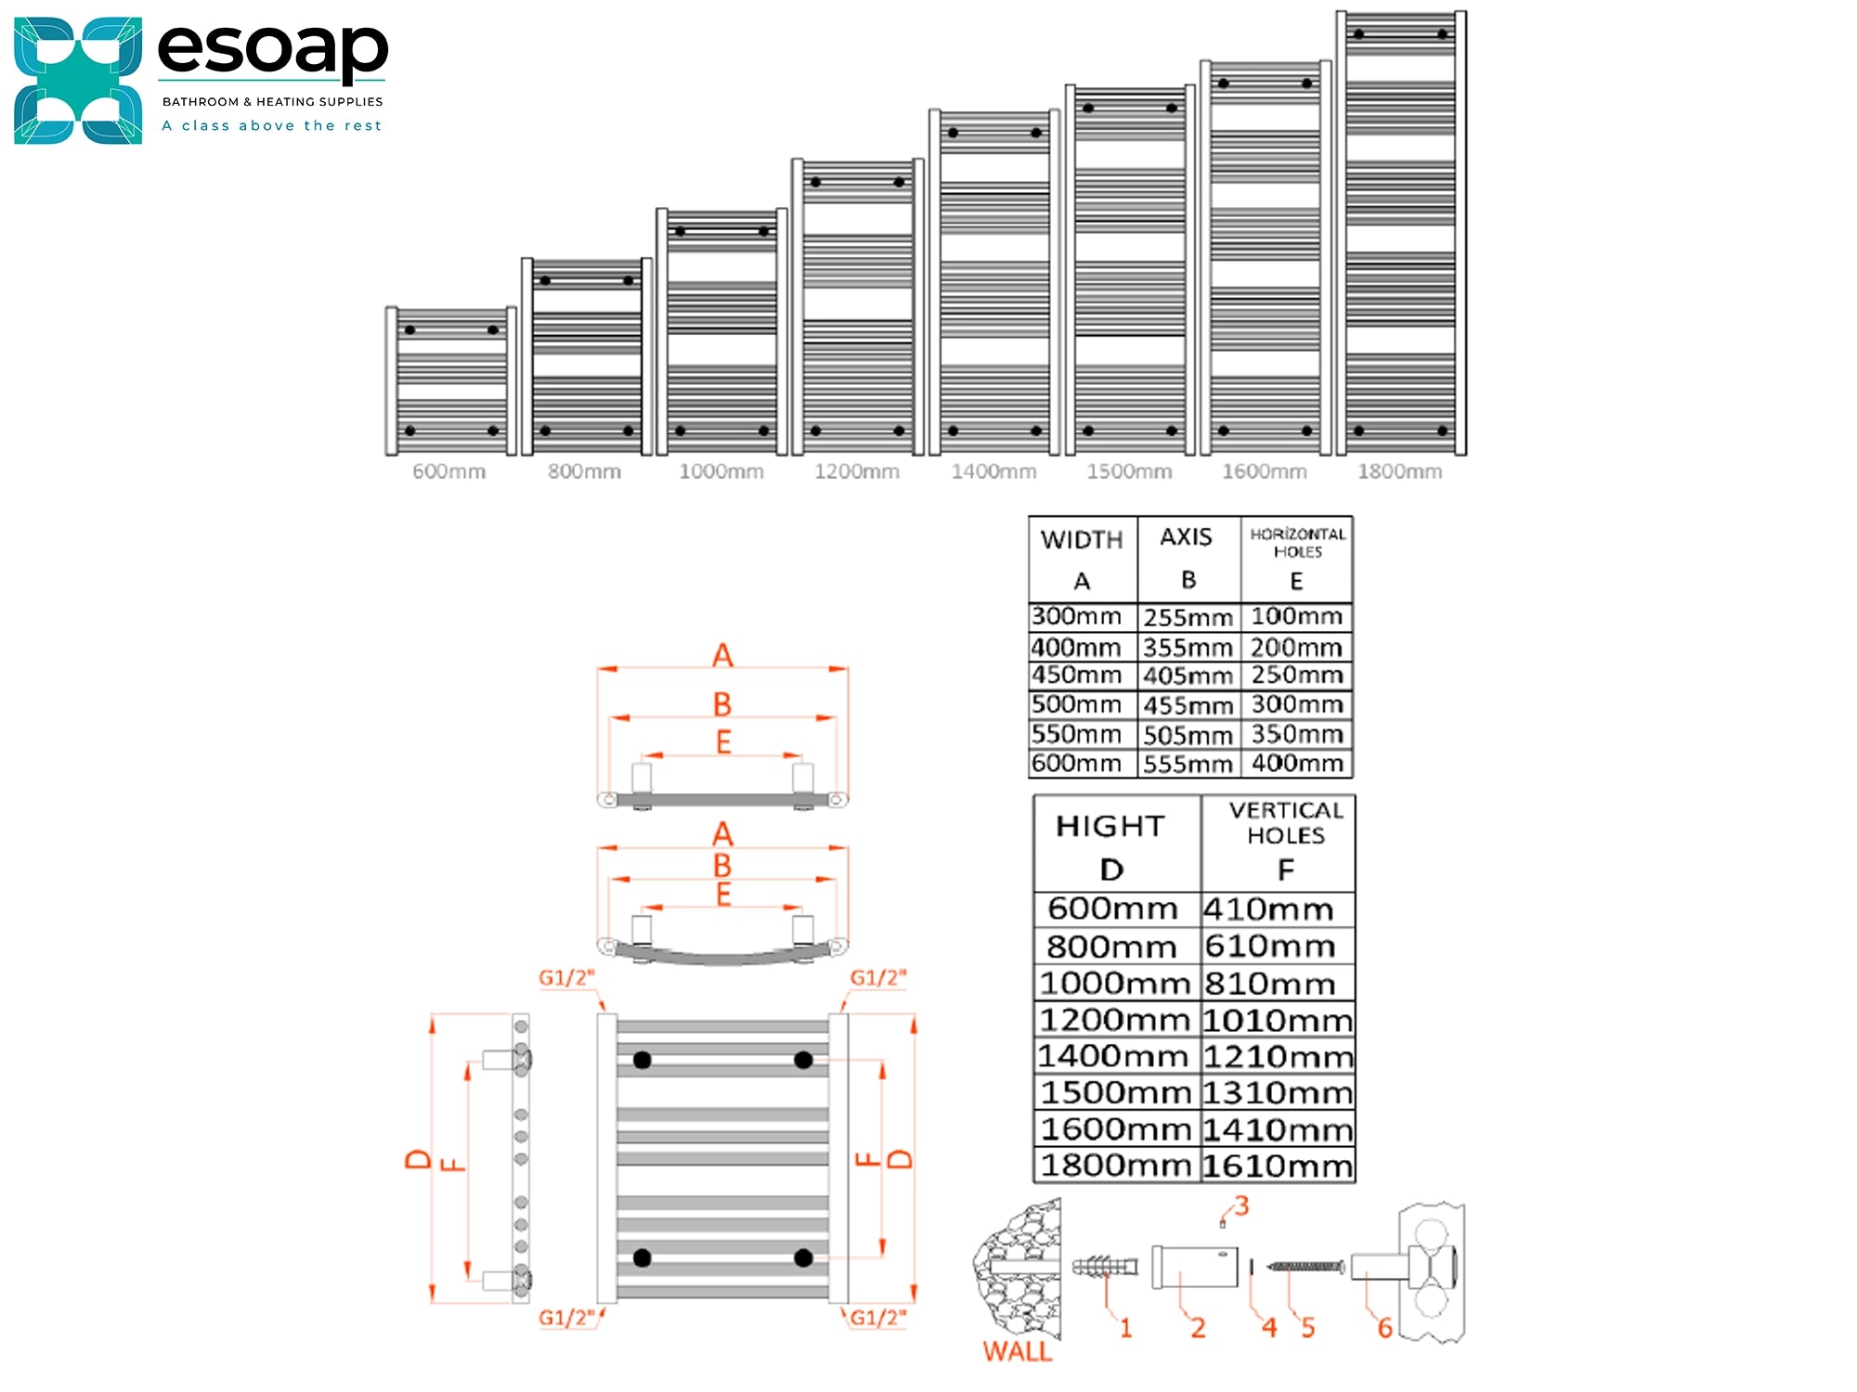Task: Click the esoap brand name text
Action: tap(272, 50)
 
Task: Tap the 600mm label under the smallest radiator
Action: tap(448, 471)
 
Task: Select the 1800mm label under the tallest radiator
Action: tap(1399, 471)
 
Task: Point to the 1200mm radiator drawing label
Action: tap(856, 471)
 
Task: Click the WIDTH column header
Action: tap(1082, 540)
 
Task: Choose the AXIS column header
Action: tap(1186, 537)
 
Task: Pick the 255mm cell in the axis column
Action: tap(1188, 617)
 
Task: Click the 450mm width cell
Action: tap(1076, 675)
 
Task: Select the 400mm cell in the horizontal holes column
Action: tap(1297, 763)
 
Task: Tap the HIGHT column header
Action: tap(1110, 826)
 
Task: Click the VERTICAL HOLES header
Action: tap(1286, 823)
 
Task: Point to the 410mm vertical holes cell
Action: tap(1268, 909)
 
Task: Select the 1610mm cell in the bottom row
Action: tap(1278, 1166)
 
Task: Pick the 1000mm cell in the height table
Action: tap(1114, 983)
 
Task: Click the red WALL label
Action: tap(1018, 1351)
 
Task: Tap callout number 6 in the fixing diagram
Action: tap(1384, 1328)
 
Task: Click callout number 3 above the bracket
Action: tap(1241, 1205)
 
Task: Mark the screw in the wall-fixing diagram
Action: tap(1305, 1266)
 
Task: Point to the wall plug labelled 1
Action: tap(1105, 1267)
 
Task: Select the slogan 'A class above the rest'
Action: tap(272, 125)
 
